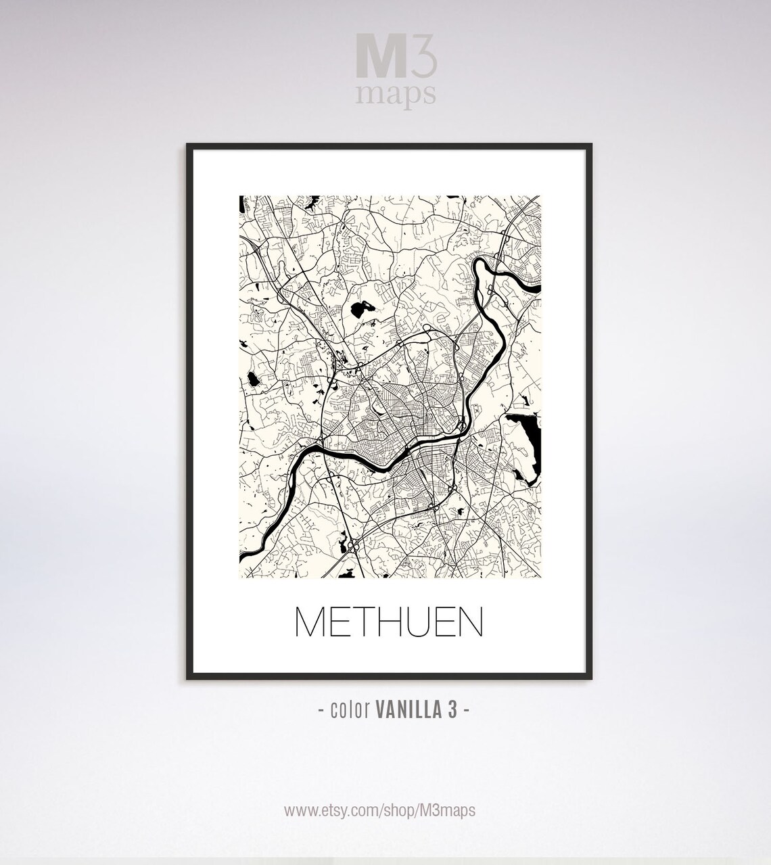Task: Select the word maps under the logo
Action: click(396, 94)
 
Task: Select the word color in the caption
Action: click(349, 710)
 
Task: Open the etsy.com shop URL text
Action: click(379, 810)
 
